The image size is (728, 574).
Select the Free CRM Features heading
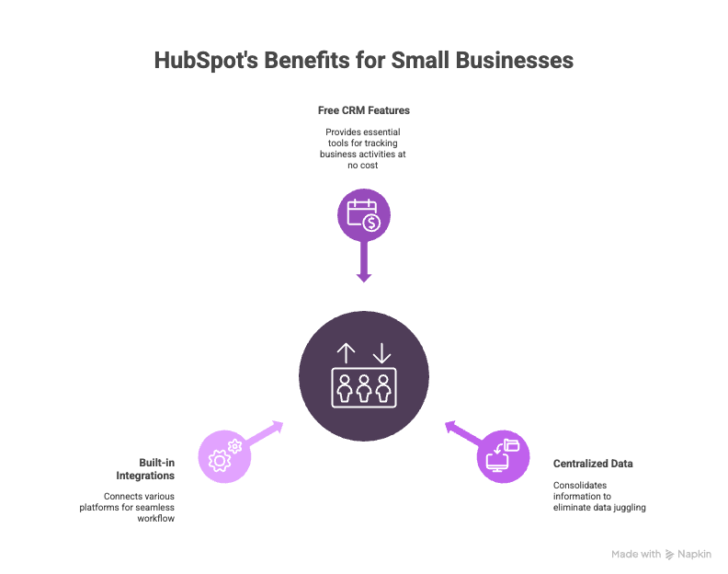[364, 109]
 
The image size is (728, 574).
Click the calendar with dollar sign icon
[364, 217]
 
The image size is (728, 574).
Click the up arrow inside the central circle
[346, 353]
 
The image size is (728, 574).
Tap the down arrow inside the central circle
[381, 353]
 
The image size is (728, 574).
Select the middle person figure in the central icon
[364, 389]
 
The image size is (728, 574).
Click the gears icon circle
[223, 455]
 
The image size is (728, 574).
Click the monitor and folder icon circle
[504, 455]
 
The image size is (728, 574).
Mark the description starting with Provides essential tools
[364, 149]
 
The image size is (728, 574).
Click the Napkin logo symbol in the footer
[669, 555]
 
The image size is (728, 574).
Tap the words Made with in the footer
[636, 555]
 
